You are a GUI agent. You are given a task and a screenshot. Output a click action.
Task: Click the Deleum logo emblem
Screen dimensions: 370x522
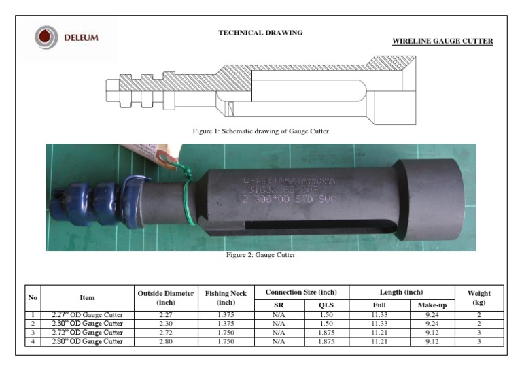click(46, 37)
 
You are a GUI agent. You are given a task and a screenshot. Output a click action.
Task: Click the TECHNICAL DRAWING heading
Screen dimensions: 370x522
click(260, 33)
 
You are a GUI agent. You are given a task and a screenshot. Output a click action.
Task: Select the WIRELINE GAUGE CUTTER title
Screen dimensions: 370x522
click(442, 41)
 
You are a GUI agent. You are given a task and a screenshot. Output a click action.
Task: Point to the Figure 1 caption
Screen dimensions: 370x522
click(261, 131)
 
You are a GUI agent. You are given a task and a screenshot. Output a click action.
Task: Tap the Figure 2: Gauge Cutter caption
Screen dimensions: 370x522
click(260, 255)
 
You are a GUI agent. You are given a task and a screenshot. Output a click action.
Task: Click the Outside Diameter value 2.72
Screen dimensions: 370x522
click(166, 333)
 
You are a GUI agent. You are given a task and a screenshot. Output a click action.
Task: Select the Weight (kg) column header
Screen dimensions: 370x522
click(479, 297)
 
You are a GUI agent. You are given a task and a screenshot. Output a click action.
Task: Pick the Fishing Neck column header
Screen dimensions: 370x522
click(226, 297)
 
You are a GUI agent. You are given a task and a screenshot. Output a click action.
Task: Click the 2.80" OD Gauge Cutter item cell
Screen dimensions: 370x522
click(87, 341)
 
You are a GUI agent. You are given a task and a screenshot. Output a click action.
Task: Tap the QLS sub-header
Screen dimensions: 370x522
click(326, 305)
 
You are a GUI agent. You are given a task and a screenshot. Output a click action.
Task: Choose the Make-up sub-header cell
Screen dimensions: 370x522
click(432, 305)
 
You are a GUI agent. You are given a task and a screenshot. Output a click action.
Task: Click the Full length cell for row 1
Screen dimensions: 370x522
click(379, 315)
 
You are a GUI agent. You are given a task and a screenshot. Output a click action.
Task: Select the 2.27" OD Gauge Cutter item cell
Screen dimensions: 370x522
click(87, 315)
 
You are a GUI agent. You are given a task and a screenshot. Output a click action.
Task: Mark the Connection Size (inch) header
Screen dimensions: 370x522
click(302, 292)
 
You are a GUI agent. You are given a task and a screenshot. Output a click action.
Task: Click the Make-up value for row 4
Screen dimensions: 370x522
click(432, 341)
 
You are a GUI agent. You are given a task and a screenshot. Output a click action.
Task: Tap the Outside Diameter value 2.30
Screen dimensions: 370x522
click(166, 324)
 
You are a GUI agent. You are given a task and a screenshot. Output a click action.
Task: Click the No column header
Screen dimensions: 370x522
click(33, 297)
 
